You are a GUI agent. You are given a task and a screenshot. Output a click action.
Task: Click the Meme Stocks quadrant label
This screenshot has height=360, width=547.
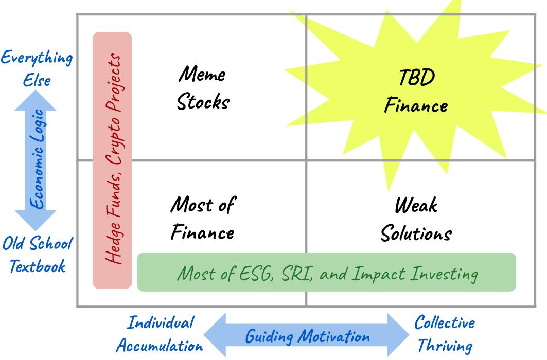coord(203,88)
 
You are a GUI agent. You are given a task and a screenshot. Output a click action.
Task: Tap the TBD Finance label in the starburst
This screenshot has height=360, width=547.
coord(416,92)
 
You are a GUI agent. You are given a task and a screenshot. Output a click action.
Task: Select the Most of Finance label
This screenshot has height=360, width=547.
coord(203,219)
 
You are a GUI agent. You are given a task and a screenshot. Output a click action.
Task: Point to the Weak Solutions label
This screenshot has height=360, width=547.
coord(416,220)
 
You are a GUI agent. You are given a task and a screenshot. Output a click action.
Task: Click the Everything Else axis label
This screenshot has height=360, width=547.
coord(37,68)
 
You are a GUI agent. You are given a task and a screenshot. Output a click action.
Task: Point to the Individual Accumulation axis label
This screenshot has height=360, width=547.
coord(160,334)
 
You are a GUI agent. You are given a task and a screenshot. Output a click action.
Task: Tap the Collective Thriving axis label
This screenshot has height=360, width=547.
coord(445,334)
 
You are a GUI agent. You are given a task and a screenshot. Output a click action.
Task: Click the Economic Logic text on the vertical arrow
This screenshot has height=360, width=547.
coord(36,159)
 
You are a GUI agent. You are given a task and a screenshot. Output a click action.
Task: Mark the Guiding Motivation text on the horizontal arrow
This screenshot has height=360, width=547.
coord(307,337)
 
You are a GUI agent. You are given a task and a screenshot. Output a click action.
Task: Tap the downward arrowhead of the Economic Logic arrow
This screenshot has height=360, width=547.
coord(36,220)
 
